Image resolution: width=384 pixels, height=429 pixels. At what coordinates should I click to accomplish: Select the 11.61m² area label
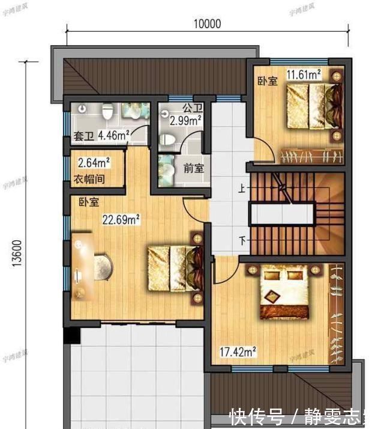303,75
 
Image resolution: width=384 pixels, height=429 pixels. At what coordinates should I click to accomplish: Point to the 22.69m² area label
121,220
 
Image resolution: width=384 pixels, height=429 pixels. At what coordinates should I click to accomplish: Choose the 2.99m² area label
186,121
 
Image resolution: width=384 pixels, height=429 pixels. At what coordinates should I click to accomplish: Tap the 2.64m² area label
94,163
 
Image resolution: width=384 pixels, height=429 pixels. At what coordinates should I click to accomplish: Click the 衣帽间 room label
93,178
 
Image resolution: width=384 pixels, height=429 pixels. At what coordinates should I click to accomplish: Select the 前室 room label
194,169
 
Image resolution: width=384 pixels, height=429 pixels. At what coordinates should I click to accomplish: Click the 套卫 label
83,137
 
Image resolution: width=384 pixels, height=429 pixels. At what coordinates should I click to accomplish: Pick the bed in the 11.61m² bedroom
313,105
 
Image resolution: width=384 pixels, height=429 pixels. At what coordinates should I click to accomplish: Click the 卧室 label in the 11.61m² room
268,81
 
